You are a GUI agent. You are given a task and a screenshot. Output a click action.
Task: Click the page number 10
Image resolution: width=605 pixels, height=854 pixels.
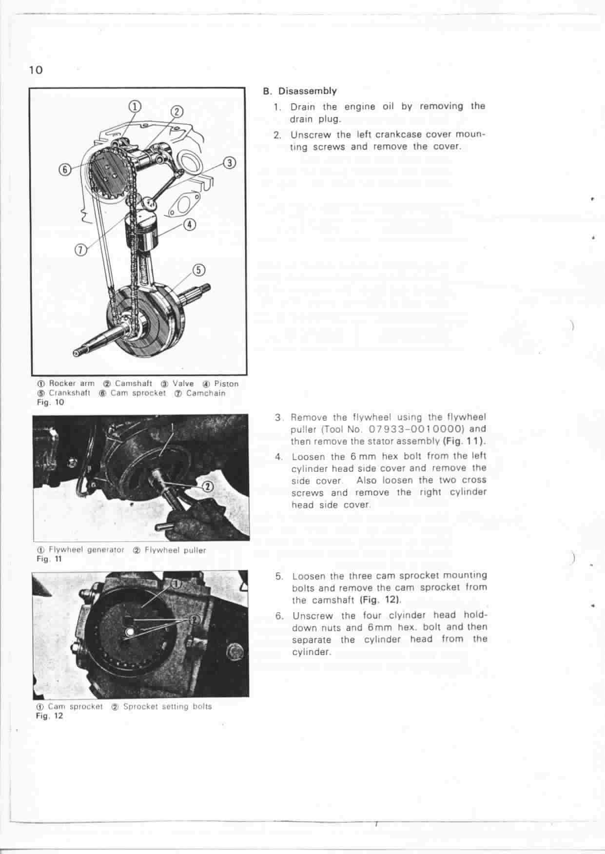tap(36, 70)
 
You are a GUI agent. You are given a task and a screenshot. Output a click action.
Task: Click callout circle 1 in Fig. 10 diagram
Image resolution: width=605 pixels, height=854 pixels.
tap(135, 106)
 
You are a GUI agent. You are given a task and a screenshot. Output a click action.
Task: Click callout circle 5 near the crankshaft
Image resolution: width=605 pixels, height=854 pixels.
tap(199, 270)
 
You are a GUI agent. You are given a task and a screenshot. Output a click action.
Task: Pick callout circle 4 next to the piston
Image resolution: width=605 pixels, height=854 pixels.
tap(190, 225)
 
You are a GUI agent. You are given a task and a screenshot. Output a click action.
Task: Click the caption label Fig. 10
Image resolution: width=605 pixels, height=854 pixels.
tap(50, 403)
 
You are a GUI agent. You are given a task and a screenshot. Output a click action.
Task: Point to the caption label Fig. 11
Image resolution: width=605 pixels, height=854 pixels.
tap(49, 559)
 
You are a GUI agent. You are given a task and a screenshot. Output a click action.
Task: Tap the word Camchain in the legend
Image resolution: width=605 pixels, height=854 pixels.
tap(206, 393)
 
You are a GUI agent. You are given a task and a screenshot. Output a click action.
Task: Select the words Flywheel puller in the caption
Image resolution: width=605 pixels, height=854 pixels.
tap(175, 550)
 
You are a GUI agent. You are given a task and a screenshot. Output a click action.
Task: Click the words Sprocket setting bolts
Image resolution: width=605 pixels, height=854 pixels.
tap(167, 706)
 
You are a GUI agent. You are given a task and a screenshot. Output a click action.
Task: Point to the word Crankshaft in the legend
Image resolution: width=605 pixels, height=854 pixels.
tap(70, 393)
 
